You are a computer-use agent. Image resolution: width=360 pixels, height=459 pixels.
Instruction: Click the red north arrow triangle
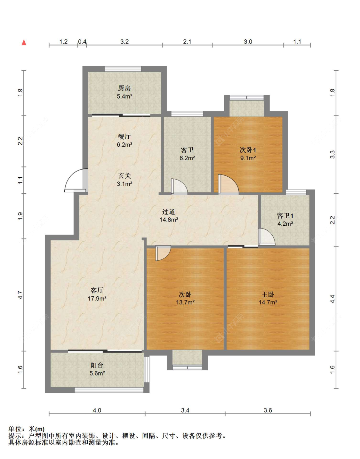(24, 43)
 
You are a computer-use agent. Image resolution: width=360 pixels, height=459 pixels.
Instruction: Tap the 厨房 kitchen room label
(124, 88)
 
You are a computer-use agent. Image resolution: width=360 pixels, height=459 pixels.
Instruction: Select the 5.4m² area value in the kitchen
(124, 97)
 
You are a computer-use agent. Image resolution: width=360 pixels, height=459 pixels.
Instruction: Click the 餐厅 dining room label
(124, 136)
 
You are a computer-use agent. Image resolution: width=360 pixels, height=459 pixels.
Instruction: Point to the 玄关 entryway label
(124, 175)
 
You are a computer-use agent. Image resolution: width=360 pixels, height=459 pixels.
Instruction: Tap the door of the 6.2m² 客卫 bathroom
(179, 187)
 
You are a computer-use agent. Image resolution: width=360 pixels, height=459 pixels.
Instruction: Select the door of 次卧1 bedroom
(228, 184)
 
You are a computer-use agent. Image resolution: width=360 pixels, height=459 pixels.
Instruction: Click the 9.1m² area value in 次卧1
(248, 158)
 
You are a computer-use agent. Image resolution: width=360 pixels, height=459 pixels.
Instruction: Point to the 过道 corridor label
(169, 212)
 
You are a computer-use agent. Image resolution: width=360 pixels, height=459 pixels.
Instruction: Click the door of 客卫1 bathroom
(267, 237)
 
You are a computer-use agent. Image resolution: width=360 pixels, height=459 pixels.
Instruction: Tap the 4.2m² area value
(285, 223)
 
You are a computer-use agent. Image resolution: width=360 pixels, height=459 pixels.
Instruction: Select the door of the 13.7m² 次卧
(163, 253)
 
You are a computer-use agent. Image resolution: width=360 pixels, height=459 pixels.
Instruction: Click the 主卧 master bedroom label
(268, 294)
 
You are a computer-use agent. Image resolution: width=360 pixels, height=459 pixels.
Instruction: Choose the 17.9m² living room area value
(97, 298)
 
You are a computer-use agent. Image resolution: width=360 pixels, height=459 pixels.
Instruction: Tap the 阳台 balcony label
(97, 365)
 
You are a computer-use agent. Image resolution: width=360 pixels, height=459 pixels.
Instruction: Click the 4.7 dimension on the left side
(20, 295)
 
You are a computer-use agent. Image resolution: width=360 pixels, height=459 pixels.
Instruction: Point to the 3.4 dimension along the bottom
(185, 410)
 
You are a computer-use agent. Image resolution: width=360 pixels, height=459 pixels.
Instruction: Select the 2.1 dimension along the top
(187, 42)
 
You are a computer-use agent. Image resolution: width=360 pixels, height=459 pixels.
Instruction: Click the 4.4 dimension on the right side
(332, 299)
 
